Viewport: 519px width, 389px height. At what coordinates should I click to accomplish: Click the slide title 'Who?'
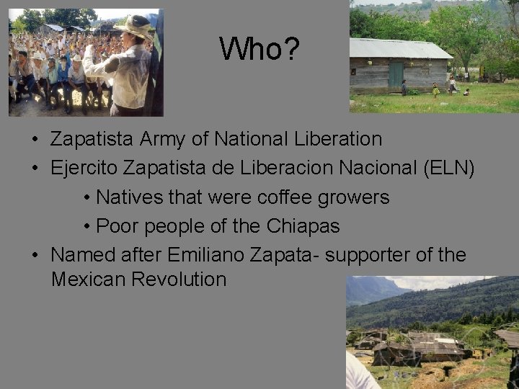click(x=259, y=49)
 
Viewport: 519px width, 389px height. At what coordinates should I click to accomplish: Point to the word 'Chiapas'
click(x=303, y=226)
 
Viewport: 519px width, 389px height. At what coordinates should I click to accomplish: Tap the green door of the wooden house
click(x=396, y=75)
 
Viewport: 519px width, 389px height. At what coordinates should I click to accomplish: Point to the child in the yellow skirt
click(x=435, y=90)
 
